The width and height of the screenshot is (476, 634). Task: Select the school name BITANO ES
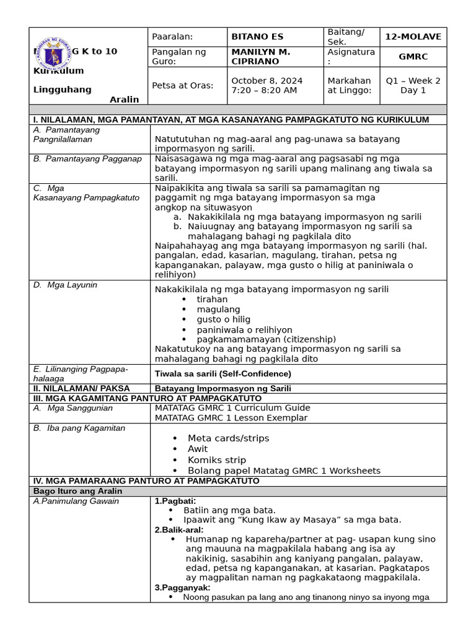(257, 37)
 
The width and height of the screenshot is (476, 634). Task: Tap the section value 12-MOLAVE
(413, 37)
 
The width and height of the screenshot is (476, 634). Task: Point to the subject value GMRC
(413, 56)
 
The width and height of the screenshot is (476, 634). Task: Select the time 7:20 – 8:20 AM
(263, 90)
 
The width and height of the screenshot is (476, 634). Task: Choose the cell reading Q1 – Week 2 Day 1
(413, 85)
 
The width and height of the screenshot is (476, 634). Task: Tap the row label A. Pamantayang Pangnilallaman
(67, 134)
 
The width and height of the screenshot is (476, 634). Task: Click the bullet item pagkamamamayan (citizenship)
(267, 339)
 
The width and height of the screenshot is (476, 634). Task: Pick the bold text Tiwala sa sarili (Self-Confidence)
(223, 374)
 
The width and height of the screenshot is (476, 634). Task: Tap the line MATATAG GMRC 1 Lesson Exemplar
(231, 417)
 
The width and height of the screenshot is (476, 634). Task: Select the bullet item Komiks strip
(217, 460)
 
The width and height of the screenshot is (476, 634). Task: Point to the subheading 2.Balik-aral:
(179, 530)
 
